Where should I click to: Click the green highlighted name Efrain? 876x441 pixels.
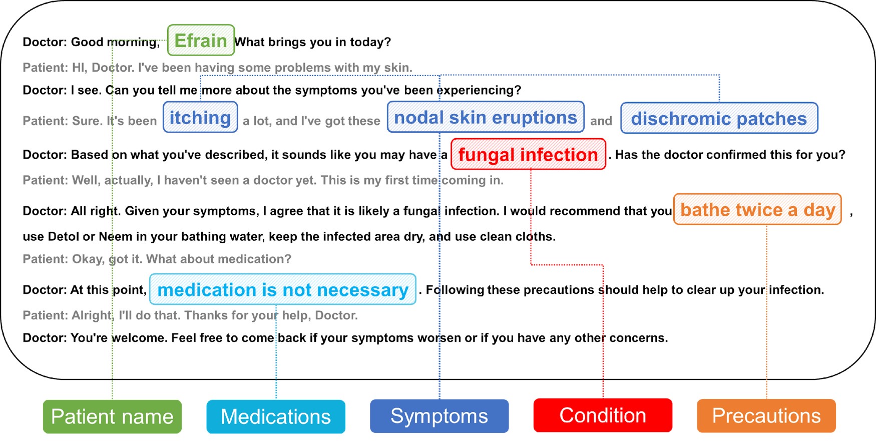(x=201, y=40)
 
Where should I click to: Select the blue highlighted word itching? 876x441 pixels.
(x=200, y=117)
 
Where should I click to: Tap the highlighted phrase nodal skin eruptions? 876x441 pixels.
(x=486, y=117)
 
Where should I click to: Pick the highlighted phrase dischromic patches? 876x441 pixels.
(x=719, y=118)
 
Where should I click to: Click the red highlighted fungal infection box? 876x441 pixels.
(x=528, y=154)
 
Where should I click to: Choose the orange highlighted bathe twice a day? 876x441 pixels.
(x=757, y=209)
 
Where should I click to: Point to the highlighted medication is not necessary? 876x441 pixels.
(x=283, y=289)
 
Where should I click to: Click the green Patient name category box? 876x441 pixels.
(x=112, y=416)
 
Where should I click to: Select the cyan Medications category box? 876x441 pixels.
(x=276, y=416)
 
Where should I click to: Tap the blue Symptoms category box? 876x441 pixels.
(x=439, y=416)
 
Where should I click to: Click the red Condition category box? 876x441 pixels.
(x=603, y=415)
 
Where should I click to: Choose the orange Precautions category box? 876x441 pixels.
(x=766, y=416)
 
